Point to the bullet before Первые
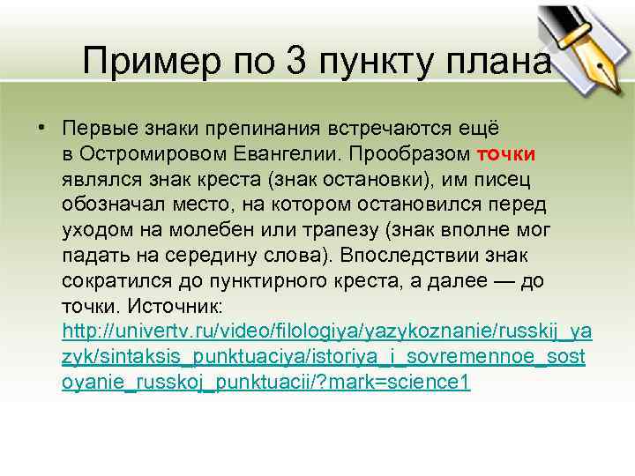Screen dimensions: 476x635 pyautogui.click(x=41, y=130)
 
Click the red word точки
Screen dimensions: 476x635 pyautogui.click(x=508, y=155)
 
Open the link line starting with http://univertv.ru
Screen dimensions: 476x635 pyautogui.click(x=327, y=333)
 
